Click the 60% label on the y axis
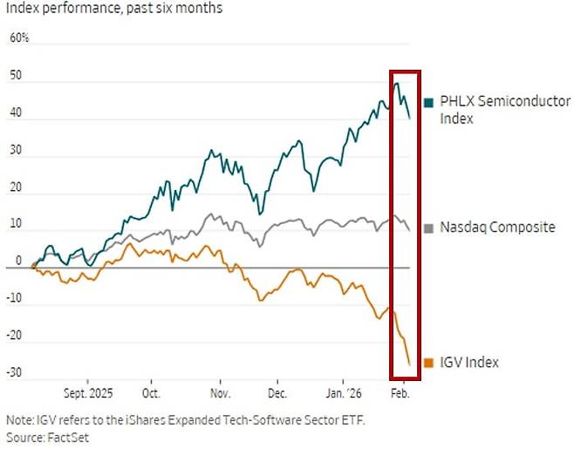[19, 39]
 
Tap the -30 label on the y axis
[16, 374]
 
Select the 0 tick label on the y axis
[18, 261]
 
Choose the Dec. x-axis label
[277, 392]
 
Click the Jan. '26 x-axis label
[342, 392]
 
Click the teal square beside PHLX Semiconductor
[428, 103]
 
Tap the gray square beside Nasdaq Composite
[428, 228]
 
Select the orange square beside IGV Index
[428, 363]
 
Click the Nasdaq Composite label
[497, 228]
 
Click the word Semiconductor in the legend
[509, 102]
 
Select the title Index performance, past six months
[113, 9]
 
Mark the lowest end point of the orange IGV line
[410, 364]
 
